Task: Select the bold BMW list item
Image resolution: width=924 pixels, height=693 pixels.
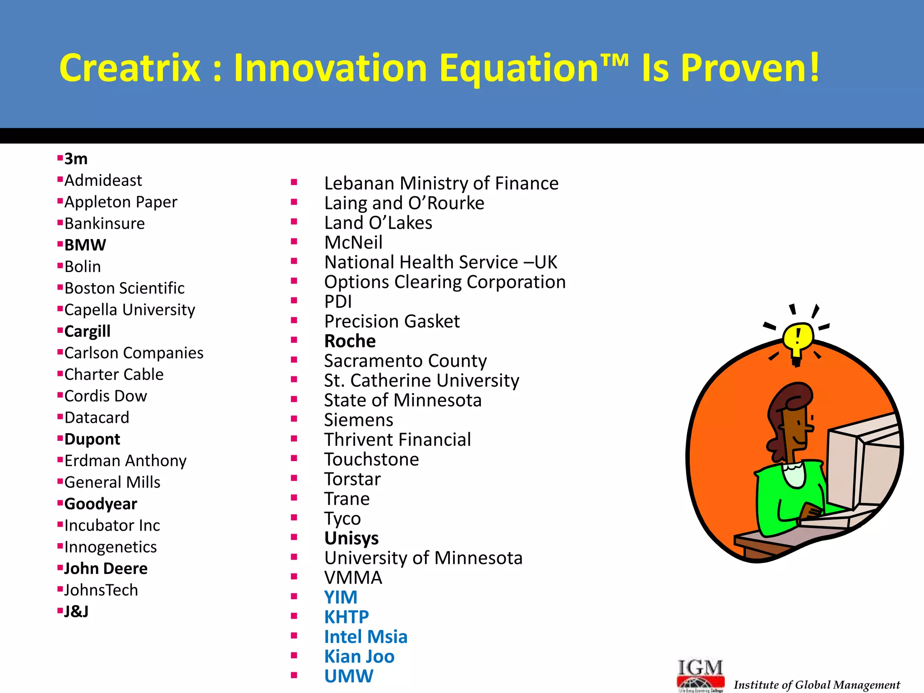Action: coord(85,245)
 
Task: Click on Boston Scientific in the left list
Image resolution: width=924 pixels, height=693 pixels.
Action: coord(124,288)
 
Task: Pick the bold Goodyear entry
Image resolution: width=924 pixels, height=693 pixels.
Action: coord(100,504)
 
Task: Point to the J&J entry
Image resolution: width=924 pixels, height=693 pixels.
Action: coord(76,612)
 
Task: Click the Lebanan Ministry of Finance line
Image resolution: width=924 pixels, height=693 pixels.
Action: coord(441,184)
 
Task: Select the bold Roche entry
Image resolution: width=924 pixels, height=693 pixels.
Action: coord(350,341)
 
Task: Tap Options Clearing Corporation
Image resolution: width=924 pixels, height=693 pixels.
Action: coord(444,282)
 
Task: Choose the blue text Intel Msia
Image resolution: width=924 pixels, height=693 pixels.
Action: coord(365,637)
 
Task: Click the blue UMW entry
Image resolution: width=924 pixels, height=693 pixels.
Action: coord(348,676)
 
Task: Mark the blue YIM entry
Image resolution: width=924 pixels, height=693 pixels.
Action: coord(341,597)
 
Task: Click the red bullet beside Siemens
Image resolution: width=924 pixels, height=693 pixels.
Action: coord(294,419)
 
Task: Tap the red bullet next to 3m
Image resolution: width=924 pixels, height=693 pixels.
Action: coord(60,157)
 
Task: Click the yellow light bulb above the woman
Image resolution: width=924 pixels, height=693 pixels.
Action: coord(797,339)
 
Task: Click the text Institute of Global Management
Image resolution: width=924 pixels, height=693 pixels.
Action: coord(817,685)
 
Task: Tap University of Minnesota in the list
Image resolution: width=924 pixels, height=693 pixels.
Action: coord(423,558)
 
